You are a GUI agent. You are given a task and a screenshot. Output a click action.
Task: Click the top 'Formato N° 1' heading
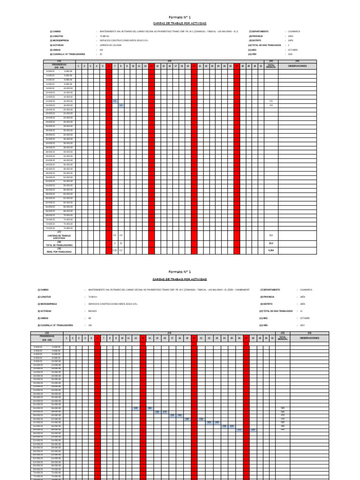coord(180,17)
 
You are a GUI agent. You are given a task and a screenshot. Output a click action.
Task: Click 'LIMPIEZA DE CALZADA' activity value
coord(111,45)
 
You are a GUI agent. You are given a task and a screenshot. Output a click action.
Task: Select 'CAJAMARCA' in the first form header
coord(294,31)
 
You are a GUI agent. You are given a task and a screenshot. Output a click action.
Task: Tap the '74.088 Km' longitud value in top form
coord(105,36)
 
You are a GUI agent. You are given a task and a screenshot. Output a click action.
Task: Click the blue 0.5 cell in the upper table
coord(115,101)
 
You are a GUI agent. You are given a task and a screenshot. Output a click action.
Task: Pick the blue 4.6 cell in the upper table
coord(121,105)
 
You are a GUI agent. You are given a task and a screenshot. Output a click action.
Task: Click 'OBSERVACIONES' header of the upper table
coord(297,66)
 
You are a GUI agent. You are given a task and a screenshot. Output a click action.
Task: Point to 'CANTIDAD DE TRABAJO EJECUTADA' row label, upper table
coord(59,236)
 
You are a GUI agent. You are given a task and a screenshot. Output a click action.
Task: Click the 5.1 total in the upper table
coord(271,235)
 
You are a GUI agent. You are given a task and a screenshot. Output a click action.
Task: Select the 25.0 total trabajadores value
coord(271,243)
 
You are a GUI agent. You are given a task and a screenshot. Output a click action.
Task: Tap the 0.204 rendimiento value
coord(271,251)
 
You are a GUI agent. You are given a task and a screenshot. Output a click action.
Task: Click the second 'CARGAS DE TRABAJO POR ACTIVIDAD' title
coord(180,278)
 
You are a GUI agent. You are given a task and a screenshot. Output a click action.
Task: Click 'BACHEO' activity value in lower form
coord(92,311)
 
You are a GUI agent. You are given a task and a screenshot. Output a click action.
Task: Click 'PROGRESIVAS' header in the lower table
coord(47,337)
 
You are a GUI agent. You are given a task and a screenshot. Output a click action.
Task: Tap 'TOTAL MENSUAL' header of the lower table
coord(283,337)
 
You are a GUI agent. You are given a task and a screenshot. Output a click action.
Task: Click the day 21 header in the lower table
coord(201,338)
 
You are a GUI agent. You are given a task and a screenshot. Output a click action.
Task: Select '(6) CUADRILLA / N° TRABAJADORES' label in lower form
coord(55,325)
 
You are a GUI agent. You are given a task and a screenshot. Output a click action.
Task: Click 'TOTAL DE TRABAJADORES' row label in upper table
coord(59,245)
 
